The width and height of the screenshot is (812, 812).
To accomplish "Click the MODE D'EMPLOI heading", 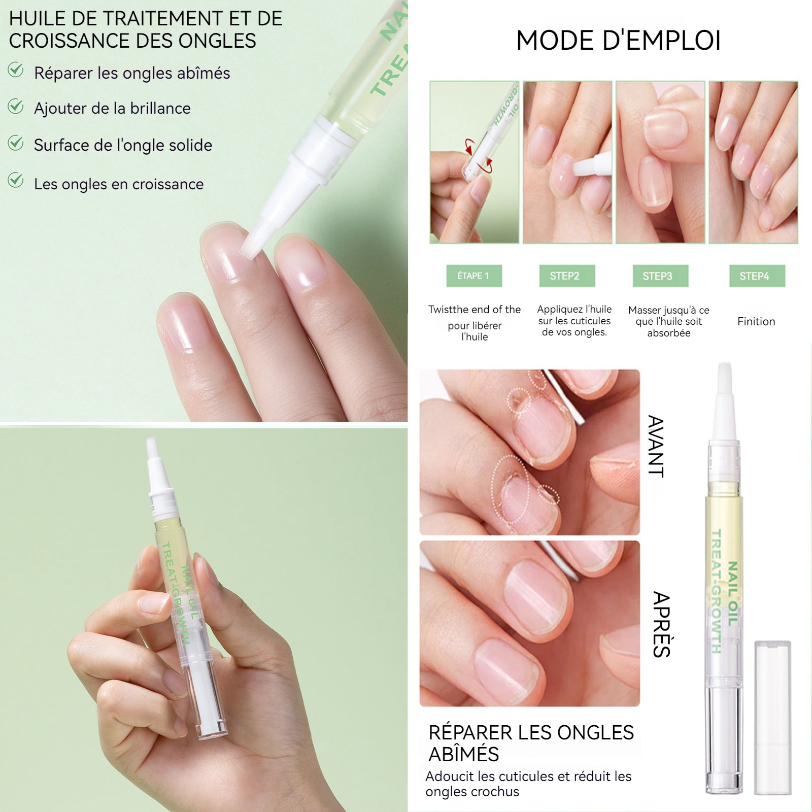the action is click(x=618, y=41).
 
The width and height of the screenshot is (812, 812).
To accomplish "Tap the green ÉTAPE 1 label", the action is click(x=474, y=276).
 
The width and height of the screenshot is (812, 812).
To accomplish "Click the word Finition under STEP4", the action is click(x=756, y=321).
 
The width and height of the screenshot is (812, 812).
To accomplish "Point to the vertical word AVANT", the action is click(x=656, y=447).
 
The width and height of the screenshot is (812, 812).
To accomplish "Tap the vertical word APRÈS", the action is click(x=662, y=624).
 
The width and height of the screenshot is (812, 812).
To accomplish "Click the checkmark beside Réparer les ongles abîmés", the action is click(x=16, y=70).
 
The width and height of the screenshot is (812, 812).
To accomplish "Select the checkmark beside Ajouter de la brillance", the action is click(x=16, y=106).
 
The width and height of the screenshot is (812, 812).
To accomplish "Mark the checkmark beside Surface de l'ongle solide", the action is click(x=16, y=143).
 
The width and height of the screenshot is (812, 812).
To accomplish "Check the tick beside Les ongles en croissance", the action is click(x=16, y=180).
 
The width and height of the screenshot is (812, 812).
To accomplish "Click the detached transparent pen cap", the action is click(x=772, y=717).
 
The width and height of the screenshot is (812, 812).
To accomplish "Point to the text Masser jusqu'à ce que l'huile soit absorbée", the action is click(x=668, y=321).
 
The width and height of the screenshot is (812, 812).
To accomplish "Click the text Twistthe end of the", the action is click(x=475, y=310).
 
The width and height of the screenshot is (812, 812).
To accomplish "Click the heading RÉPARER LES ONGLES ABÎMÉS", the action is click(x=531, y=743).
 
